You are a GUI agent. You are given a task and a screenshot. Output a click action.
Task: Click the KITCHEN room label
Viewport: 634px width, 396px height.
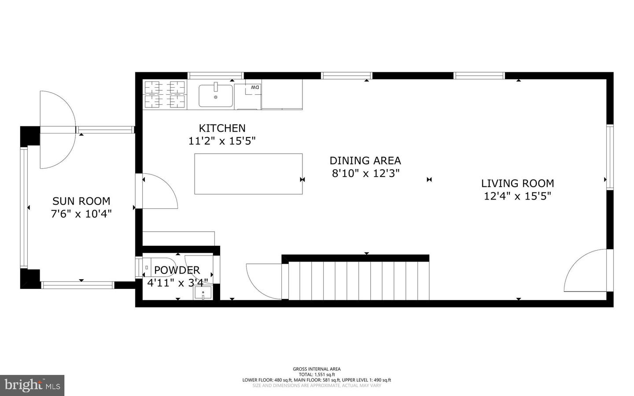[222, 128]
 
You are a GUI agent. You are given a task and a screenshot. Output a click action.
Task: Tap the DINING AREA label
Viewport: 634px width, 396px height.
[365, 160]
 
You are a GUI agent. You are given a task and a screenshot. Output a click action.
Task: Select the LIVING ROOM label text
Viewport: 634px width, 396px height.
[517, 183]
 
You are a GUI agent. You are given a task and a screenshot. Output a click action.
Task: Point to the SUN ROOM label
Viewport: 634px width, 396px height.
[81, 201]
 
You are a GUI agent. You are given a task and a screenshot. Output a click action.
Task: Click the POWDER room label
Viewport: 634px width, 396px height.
[177, 270]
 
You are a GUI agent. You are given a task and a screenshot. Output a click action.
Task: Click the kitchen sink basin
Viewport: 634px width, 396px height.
[216, 96]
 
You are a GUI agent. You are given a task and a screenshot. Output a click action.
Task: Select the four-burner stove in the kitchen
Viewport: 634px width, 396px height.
[165, 95]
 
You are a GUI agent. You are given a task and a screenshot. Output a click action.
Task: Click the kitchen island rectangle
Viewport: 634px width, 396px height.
[248, 174]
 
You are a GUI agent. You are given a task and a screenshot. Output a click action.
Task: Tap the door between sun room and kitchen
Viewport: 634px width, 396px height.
[158, 192]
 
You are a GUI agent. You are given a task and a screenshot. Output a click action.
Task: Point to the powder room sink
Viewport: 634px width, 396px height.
[203, 292]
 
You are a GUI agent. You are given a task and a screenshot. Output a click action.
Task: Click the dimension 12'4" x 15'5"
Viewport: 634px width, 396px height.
[517, 196]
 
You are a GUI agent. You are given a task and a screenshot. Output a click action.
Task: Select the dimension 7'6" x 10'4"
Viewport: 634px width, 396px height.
[81, 214]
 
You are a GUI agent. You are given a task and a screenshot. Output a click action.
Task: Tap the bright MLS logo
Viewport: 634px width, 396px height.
[32, 385]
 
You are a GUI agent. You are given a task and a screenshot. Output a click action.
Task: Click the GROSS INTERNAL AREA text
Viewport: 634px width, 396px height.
[317, 369]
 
